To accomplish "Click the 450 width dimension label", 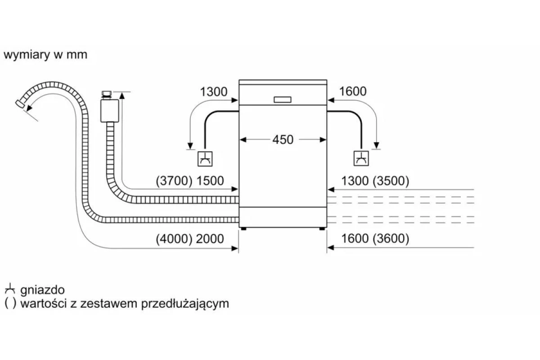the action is tap(283, 139).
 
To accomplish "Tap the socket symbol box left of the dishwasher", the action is tap(205, 159).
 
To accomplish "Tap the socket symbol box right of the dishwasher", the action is tap(361, 158).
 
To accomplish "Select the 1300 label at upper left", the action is tap(214, 92).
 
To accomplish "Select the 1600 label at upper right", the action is tap(353, 91).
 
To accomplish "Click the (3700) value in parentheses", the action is tap(174, 181).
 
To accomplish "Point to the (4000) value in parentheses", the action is tap(174, 238).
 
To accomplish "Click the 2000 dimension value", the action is tap(210, 238).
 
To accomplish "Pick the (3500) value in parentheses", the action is tap(391, 181).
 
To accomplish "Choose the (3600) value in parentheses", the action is tap(391, 238).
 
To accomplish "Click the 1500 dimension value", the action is tap(210, 181).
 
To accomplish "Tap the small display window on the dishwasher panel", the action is tap(282, 99).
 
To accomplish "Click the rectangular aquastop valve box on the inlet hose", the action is tap(110, 111).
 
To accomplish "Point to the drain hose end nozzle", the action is tap(20, 104).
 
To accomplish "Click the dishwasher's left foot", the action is tap(244, 229).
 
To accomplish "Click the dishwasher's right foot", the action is tap(322, 229).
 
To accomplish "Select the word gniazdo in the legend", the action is tap(42, 290).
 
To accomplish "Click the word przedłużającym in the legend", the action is tap(185, 304).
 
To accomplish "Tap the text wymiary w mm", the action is tap(45, 55).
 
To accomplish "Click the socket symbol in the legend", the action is tap(10, 288).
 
